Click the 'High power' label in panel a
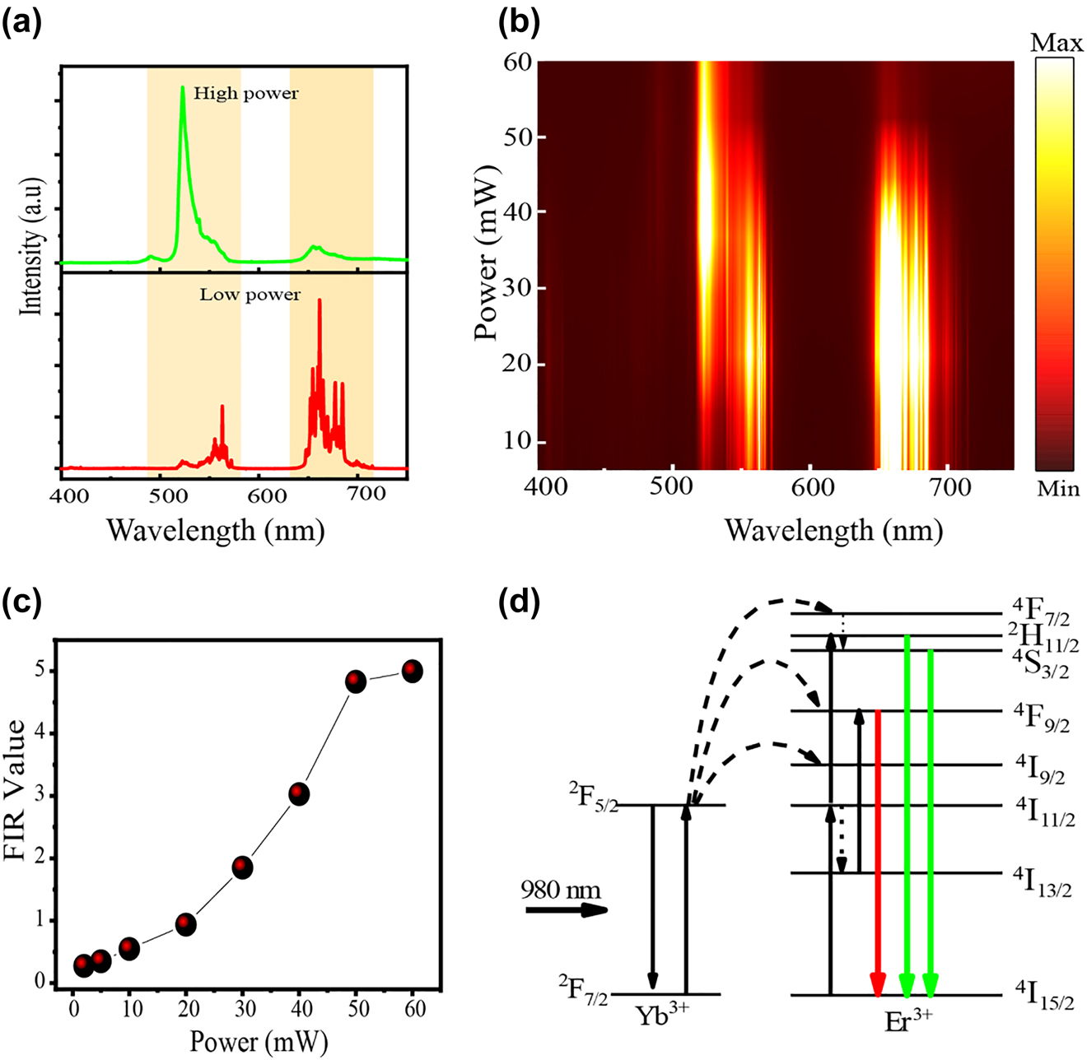click(245, 94)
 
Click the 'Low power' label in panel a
click(250, 295)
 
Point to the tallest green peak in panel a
click(182, 89)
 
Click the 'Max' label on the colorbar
click(1057, 43)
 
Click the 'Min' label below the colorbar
click(1057, 490)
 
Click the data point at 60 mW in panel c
click(412, 671)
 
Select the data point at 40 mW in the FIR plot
click(299, 794)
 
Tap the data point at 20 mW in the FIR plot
click(186, 924)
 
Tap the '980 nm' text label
click(561, 890)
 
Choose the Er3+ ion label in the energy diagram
click(907, 1019)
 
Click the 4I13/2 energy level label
click(1042, 881)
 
